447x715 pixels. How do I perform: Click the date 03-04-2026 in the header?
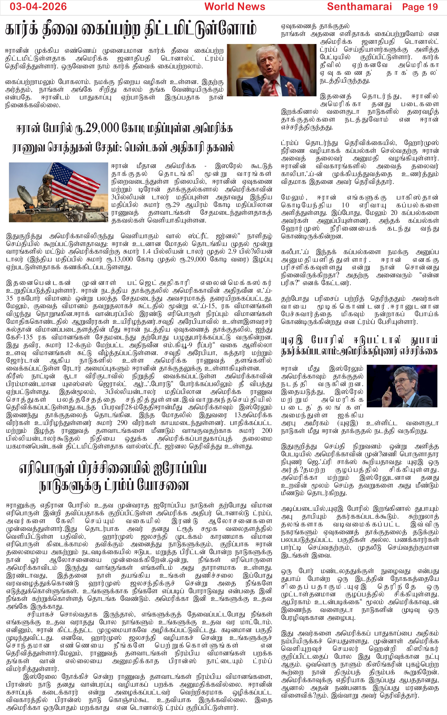pos(38,6)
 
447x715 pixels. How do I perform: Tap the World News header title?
pos(235,6)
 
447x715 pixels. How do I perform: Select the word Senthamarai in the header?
pos(359,6)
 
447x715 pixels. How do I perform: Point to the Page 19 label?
pos(420,7)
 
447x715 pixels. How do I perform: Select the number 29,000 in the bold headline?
pos(98,128)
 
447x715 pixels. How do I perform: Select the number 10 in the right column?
pos(345,205)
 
